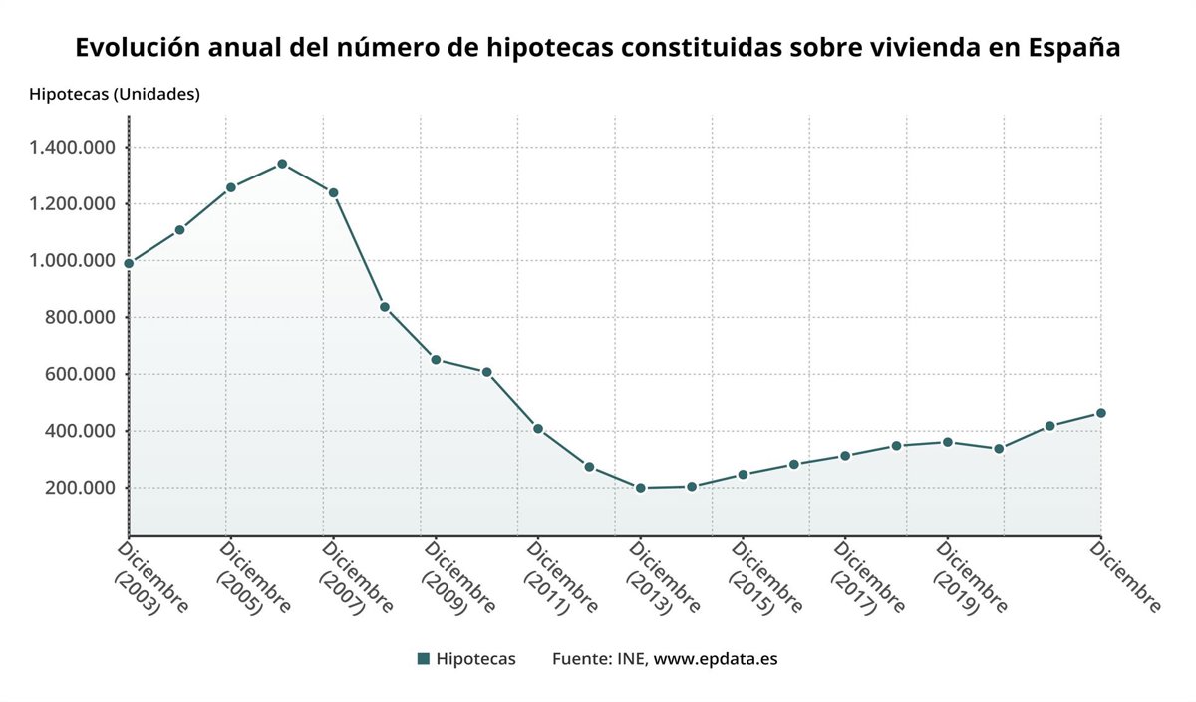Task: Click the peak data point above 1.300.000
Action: pyautogui.click(x=282, y=164)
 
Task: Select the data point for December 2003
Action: pyautogui.click(x=129, y=263)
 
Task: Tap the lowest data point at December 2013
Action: pyautogui.click(x=640, y=488)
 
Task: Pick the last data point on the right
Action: pyautogui.click(x=1100, y=413)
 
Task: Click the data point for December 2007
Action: pyautogui.click(x=333, y=192)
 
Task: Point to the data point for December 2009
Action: pyautogui.click(x=436, y=359)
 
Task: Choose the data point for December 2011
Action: pyautogui.click(x=538, y=429)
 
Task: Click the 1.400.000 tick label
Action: pyautogui.click(x=73, y=148)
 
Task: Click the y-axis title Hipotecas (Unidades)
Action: pyautogui.click(x=115, y=95)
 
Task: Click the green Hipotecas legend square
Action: pyautogui.click(x=423, y=659)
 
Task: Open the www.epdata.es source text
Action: pyautogui.click(x=716, y=659)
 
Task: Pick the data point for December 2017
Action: pyautogui.click(x=845, y=456)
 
